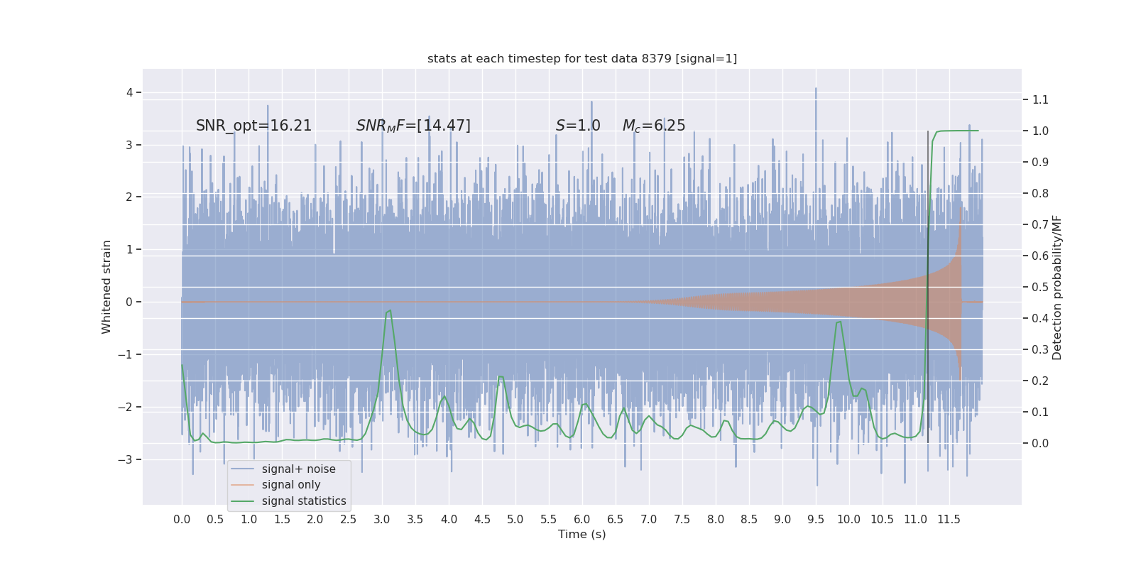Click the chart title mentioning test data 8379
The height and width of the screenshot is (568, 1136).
[x=582, y=58]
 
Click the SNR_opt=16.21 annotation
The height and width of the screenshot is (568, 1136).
[x=253, y=126]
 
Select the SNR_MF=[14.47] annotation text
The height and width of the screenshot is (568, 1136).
[x=413, y=126]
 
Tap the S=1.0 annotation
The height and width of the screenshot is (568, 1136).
[x=578, y=126]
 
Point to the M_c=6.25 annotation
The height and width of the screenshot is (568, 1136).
[x=654, y=126]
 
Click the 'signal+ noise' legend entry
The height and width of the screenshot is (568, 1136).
[x=298, y=469]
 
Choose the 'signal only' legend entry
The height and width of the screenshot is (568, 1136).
[x=291, y=485]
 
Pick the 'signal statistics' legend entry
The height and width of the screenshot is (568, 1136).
[x=304, y=501]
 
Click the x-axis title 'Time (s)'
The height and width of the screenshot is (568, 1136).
[x=581, y=534]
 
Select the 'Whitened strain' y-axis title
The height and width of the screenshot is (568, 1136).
[x=106, y=287]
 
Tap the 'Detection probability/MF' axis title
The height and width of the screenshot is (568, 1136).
[x=1057, y=287]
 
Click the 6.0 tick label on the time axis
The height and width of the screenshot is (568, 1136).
[x=581, y=519]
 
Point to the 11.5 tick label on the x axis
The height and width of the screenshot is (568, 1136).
[x=949, y=519]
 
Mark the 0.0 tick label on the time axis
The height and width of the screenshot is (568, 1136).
[x=182, y=519]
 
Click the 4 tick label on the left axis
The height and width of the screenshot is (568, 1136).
[x=130, y=92]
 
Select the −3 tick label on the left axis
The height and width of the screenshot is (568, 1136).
[x=126, y=459]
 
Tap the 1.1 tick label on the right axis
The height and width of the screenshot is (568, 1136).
[x=1040, y=99]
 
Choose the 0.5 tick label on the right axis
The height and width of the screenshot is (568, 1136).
[x=1040, y=287]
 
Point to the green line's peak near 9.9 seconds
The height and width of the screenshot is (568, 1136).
[x=841, y=322]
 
